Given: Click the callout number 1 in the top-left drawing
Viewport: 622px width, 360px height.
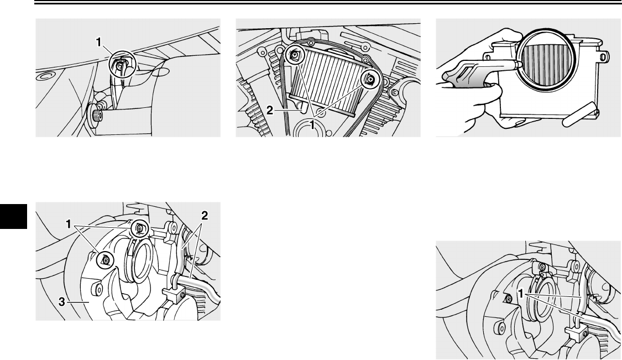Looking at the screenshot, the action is tap(99, 41).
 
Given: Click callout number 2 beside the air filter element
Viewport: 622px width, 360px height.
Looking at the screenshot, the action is tap(270, 111).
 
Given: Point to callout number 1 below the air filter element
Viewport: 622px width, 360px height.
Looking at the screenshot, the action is tap(312, 125).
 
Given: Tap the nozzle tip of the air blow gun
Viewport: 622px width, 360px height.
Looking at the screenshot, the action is tap(518, 63).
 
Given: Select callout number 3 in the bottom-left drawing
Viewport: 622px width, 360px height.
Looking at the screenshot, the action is tap(61, 302).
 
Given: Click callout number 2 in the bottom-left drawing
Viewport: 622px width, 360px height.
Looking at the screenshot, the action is tap(204, 216).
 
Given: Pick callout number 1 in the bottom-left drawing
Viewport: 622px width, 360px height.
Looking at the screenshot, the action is tap(69, 225).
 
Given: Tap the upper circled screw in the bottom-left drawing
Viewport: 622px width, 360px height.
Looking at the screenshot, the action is tap(140, 228).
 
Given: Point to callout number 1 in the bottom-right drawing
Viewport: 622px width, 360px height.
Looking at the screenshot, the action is tap(521, 294).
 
